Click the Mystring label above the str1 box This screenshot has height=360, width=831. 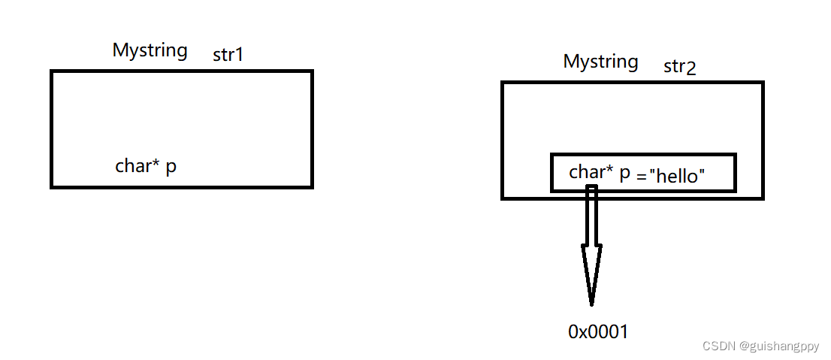[x=150, y=51]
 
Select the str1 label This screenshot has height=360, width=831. [x=228, y=55]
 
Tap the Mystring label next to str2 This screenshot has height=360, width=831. [x=600, y=62]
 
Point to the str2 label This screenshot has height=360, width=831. [x=679, y=67]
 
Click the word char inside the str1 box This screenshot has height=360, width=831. [x=132, y=166]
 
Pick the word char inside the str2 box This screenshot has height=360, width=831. [x=586, y=172]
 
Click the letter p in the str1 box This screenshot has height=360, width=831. [x=171, y=168]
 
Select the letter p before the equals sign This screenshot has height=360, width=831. [x=624, y=174]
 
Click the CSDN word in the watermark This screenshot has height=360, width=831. [x=718, y=346]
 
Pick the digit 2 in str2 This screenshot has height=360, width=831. [x=691, y=68]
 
